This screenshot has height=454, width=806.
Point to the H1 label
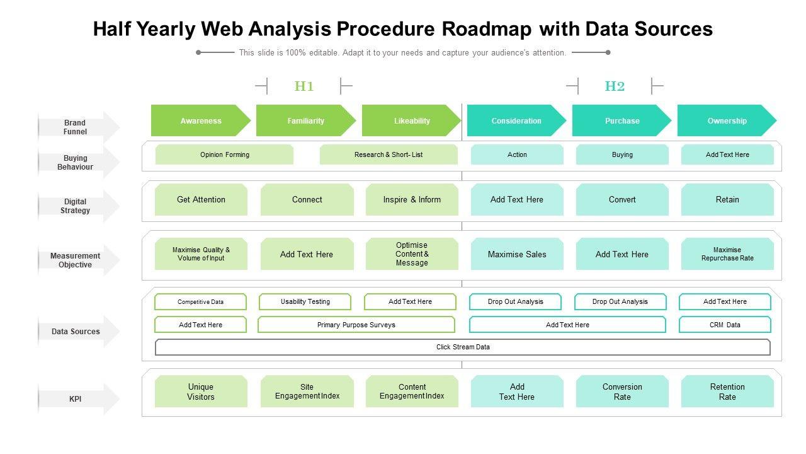pos(304,86)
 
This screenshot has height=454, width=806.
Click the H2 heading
pos(615,86)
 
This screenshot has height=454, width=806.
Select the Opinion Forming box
pos(224,154)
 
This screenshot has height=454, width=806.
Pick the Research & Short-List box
pos(389,154)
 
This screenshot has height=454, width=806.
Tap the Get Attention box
pos(201,199)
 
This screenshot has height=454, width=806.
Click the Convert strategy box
pos(622,199)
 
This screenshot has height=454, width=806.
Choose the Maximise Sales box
pos(517,254)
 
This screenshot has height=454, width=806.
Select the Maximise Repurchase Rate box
pos(727,254)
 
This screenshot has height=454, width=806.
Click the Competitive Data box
pos(200,302)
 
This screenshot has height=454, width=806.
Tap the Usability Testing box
pos(305,302)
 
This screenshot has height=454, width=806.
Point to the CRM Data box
pos(725,325)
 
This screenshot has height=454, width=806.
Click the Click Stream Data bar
pos(463,347)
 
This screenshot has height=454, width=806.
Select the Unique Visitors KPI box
pos(201,392)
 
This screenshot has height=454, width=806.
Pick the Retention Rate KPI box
pos(727,392)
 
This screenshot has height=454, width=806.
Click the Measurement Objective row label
pos(76,260)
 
